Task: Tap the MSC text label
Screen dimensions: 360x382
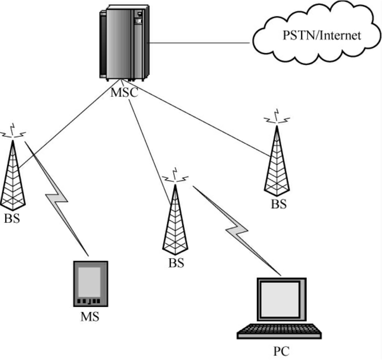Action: pyautogui.click(x=124, y=92)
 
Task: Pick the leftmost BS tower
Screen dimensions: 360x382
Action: pyautogui.click(x=13, y=177)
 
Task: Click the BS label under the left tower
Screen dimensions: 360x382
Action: pyautogui.click(x=12, y=218)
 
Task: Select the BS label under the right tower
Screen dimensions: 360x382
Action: pyautogui.click(x=278, y=205)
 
